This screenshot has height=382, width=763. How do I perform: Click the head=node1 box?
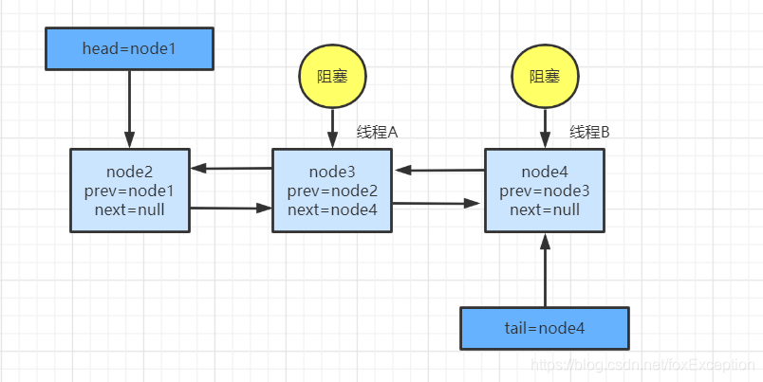tap(130, 48)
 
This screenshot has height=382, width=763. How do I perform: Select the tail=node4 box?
tap(544, 328)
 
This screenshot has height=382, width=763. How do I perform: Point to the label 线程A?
tap(377, 132)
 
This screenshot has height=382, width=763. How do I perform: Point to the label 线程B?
tap(589, 132)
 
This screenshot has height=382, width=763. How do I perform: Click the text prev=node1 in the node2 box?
tap(130, 191)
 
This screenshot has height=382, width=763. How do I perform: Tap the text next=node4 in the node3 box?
tap(332, 209)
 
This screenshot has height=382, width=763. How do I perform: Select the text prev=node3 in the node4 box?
tap(545, 191)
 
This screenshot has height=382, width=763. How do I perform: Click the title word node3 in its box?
tap(332, 172)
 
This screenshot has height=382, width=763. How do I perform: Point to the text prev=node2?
tap(332, 191)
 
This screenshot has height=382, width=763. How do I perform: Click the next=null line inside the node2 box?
tap(130, 209)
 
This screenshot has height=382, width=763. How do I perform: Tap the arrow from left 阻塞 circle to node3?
tap(332, 125)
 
